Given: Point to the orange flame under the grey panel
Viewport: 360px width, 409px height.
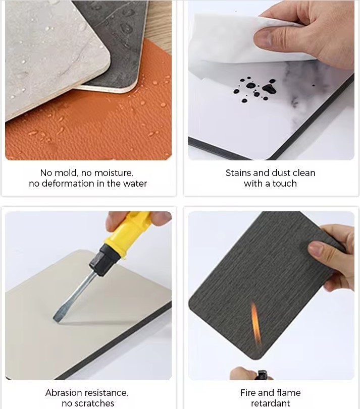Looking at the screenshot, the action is [x=256, y=324].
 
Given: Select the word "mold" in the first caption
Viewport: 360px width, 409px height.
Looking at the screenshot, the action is [x=66, y=172].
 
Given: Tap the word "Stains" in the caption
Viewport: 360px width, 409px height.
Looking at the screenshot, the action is [x=238, y=172].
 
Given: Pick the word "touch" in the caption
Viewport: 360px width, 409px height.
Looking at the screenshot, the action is [x=285, y=184].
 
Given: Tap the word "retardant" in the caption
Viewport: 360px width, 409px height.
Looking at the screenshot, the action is [x=271, y=403].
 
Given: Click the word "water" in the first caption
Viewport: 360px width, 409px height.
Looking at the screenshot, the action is [x=135, y=184].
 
